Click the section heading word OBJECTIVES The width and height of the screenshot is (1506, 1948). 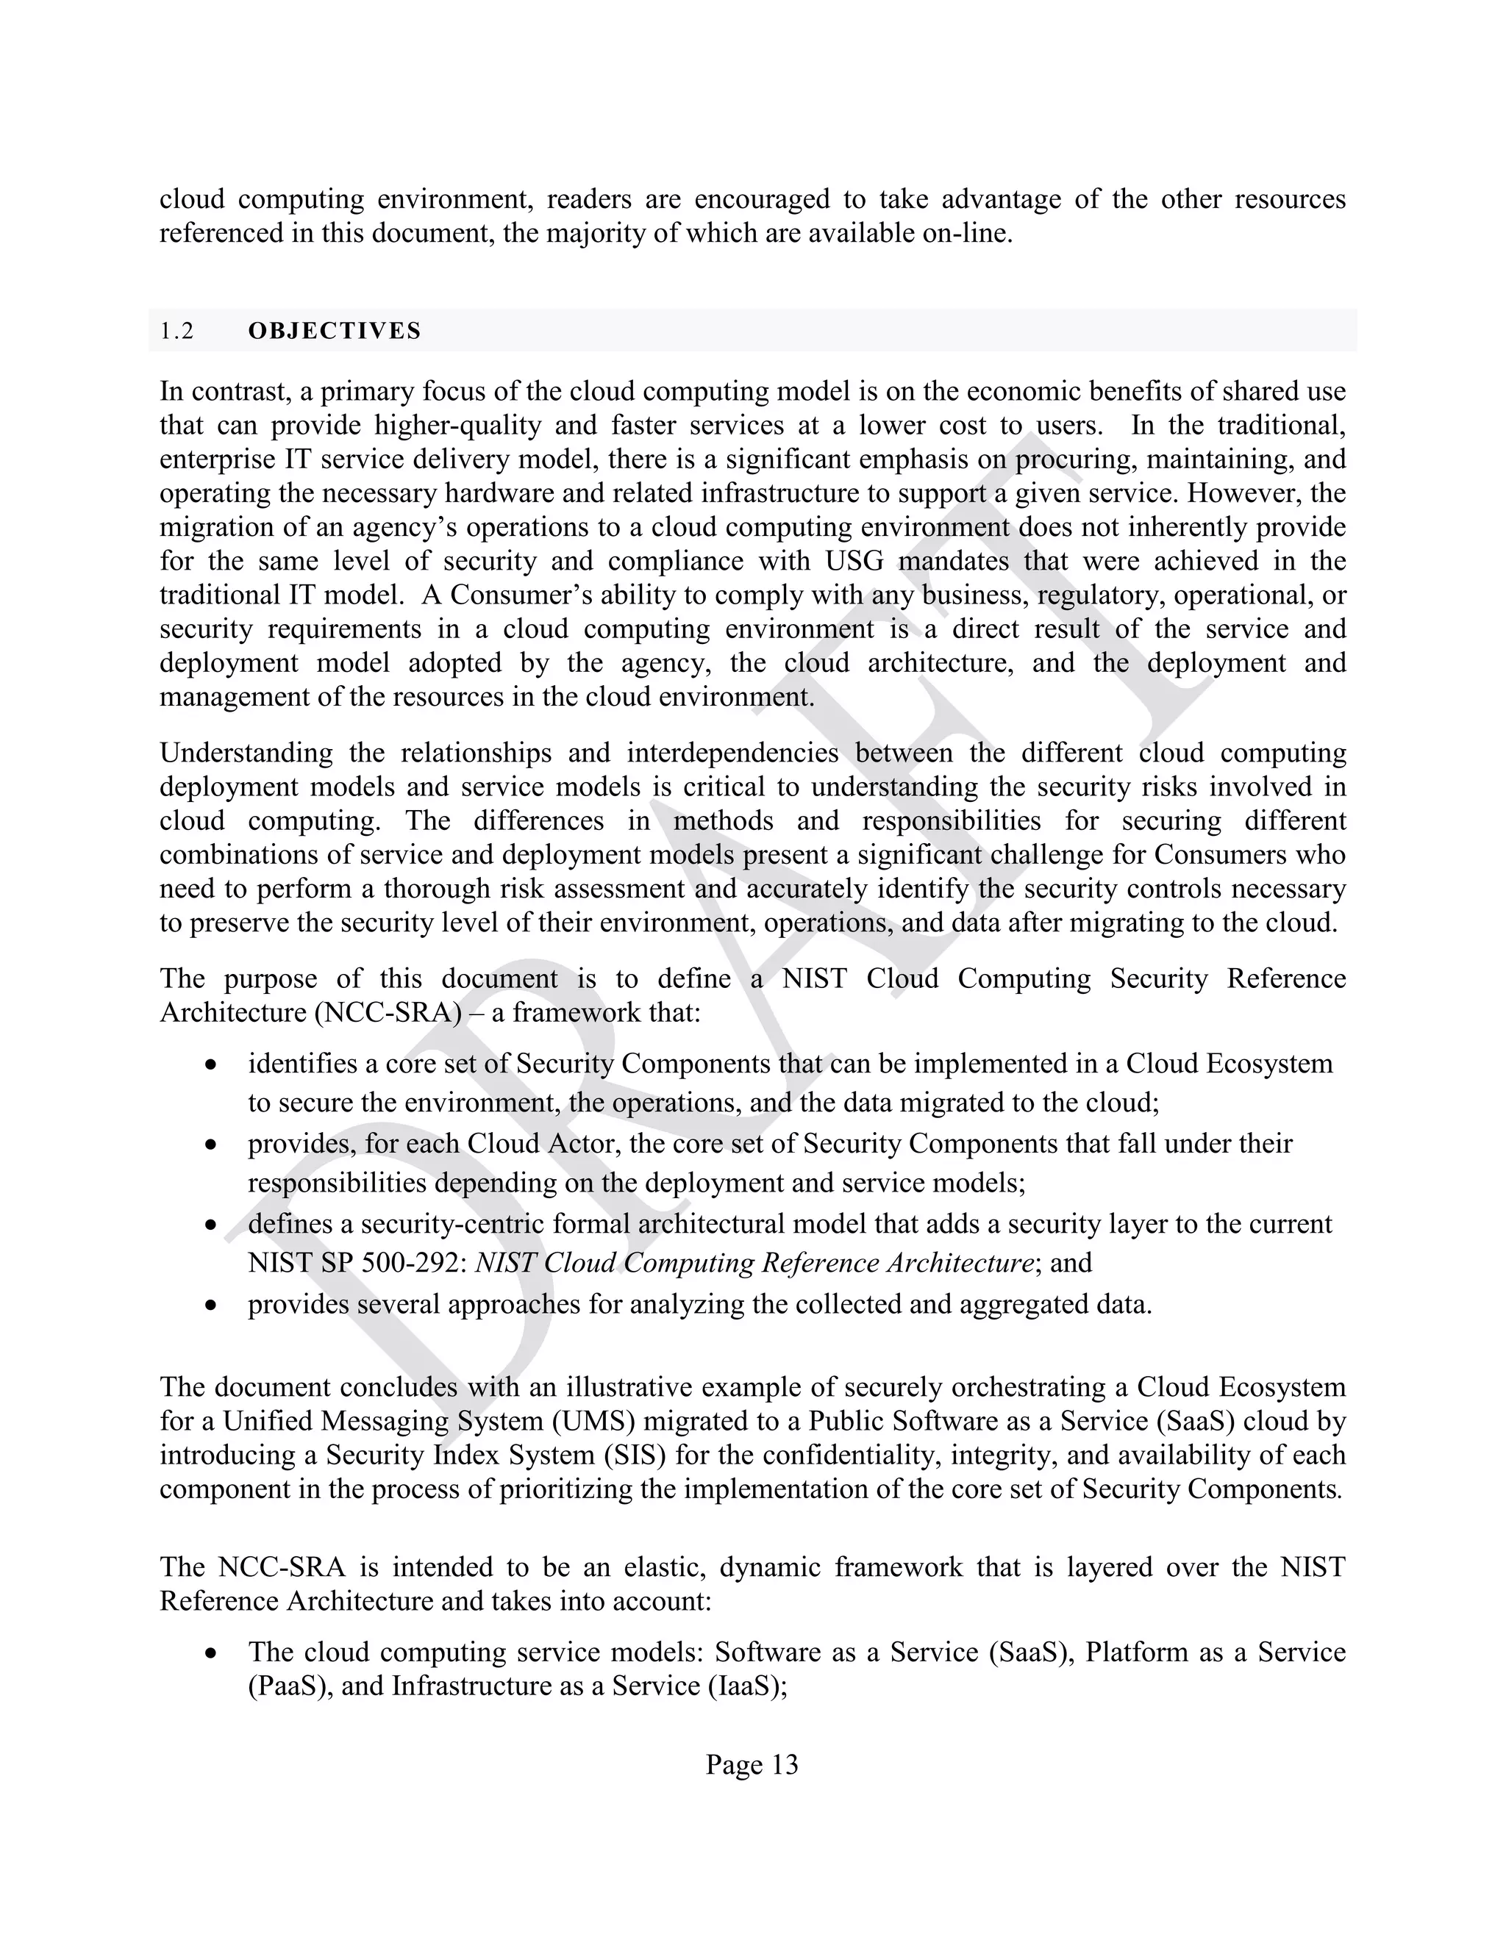[334, 331]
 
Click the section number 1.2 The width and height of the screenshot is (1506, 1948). [176, 331]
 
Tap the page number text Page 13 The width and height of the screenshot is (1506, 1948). [752, 1764]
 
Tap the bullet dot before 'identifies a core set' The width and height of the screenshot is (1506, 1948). [210, 1065]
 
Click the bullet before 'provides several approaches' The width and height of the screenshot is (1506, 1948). [210, 1306]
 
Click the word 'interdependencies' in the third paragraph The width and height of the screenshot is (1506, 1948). [732, 753]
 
